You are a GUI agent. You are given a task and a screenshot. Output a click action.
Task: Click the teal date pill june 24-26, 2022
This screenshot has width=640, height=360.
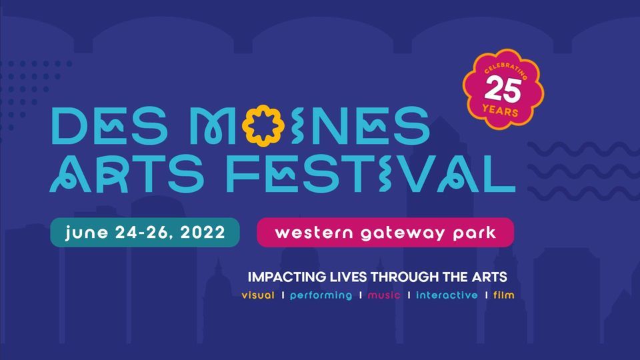point(145,233)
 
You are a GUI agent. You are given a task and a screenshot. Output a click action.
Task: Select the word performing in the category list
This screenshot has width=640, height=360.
point(321,295)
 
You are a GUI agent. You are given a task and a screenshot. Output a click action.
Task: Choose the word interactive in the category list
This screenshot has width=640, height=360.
point(447,295)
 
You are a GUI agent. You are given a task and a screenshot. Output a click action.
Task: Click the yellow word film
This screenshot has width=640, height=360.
point(503,295)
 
